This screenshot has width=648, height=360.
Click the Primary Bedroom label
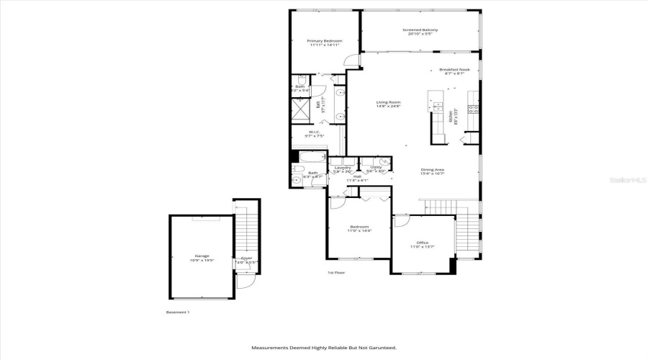(325, 41)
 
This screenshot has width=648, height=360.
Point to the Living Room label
(388, 102)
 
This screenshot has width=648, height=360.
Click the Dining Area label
(433, 170)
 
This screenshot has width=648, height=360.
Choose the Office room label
(423, 243)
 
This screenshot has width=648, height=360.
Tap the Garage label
(201, 256)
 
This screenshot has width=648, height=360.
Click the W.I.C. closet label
(315, 132)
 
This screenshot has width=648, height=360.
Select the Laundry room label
(343, 168)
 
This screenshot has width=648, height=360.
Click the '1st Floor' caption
(336, 273)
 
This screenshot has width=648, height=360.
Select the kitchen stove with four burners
(473, 109)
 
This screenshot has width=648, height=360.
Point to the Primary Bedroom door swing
(351, 60)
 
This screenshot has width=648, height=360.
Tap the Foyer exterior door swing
(246, 282)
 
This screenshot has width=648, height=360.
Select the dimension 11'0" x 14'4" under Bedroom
(359, 231)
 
